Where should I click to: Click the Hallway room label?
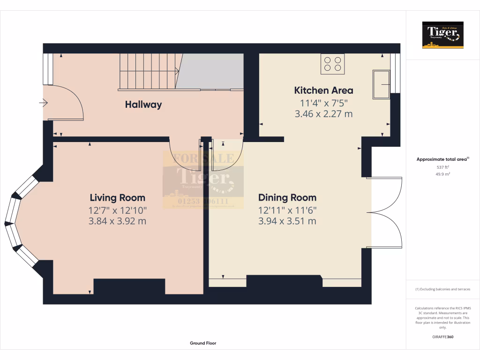(x=143, y=105)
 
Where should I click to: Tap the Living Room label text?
(x=117, y=198)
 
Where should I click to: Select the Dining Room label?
(x=287, y=198)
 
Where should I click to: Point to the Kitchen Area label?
(x=323, y=90)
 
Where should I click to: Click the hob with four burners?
(x=332, y=64)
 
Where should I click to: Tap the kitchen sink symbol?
(x=381, y=84)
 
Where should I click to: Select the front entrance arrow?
(x=44, y=103)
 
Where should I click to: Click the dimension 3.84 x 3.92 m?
(x=117, y=221)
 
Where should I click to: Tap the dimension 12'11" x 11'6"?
(x=287, y=210)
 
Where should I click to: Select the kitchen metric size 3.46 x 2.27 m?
(x=323, y=114)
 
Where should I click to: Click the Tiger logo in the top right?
(x=442, y=35)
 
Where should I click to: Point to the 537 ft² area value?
(x=442, y=167)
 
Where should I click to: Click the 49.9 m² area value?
(x=442, y=174)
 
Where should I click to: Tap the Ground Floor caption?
(x=203, y=343)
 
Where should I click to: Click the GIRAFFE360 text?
(x=442, y=337)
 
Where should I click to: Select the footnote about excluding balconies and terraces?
(x=442, y=289)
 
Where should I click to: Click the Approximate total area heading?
(x=442, y=159)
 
